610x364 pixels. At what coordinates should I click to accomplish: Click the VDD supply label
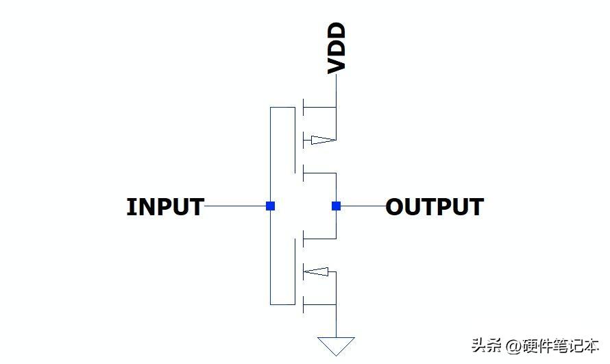click(x=337, y=48)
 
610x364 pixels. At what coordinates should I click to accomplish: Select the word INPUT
click(x=165, y=206)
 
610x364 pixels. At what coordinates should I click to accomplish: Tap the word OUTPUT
click(x=435, y=206)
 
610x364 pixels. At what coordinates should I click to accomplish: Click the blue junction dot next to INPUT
click(x=270, y=206)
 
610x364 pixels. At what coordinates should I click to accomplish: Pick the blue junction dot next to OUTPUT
click(x=336, y=206)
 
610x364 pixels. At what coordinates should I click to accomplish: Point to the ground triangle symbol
click(x=336, y=345)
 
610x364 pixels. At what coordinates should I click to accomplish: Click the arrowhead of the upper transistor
click(x=324, y=140)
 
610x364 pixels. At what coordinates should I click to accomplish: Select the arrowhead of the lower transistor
click(x=316, y=271)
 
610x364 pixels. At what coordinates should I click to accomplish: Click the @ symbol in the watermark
click(x=513, y=345)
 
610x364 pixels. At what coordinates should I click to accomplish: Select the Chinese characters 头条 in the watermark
click(x=487, y=345)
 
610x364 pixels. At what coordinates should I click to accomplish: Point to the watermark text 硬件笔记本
click(x=560, y=345)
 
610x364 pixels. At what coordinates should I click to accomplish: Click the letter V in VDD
click(x=337, y=66)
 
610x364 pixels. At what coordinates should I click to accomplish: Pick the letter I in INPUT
click(x=130, y=206)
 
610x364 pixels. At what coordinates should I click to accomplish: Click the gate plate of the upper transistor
click(x=295, y=140)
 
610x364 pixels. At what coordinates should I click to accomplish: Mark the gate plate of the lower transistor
click(x=295, y=271)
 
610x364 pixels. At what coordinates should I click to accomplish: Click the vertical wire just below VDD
click(x=336, y=90)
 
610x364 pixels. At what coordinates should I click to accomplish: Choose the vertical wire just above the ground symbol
click(x=336, y=321)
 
